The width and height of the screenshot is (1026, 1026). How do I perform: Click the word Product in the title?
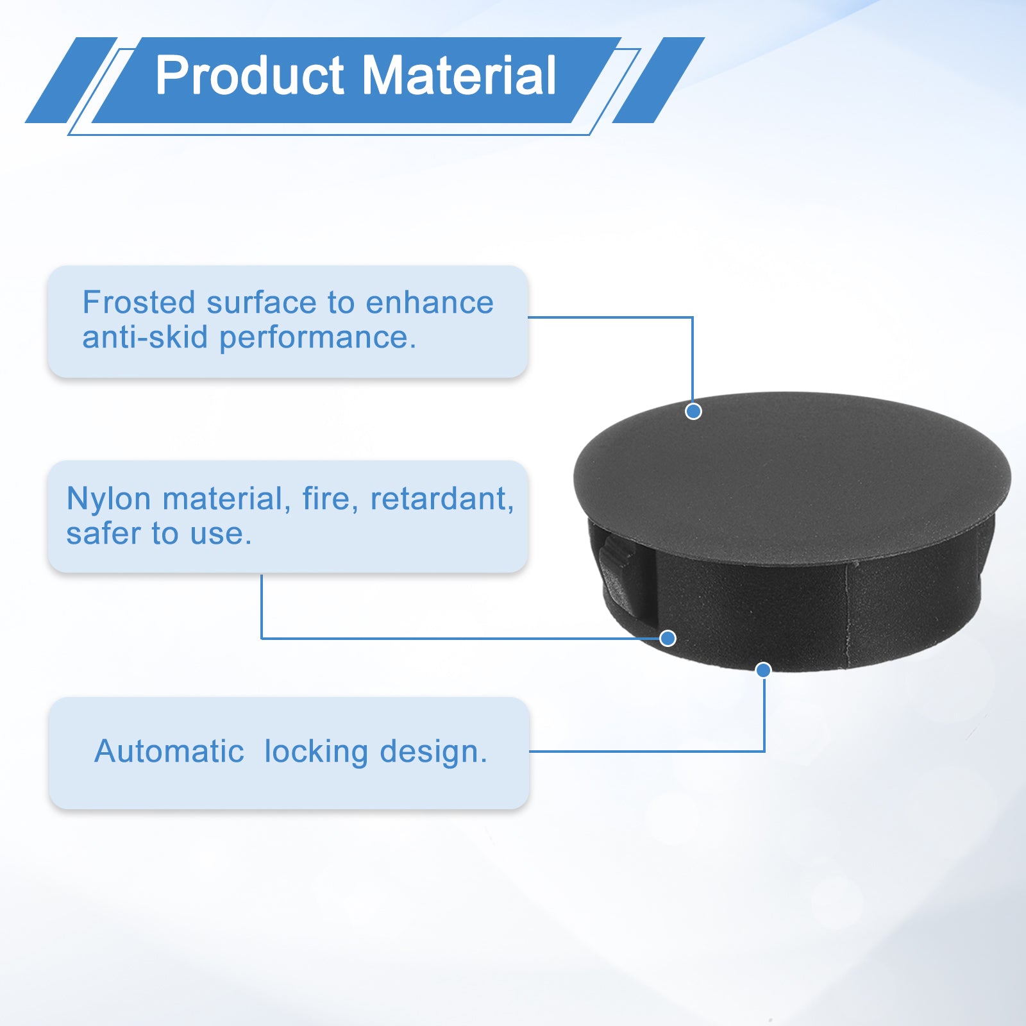click(250, 76)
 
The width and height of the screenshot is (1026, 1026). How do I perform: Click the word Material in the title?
click(460, 76)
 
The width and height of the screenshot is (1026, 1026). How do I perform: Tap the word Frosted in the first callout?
click(139, 303)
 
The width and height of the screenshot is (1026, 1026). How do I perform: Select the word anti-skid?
click(145, 337)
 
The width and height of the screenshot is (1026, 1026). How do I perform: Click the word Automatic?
click(169, 751)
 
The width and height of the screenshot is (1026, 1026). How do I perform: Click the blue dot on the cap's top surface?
click(693, 412)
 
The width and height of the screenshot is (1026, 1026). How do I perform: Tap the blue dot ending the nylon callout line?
click(668, 638)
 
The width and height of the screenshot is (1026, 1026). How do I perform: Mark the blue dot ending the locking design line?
click(763, 670)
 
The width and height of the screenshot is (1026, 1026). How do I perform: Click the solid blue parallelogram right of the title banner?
click(659, 80)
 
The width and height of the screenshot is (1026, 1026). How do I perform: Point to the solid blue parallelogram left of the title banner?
click(71, 80)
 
